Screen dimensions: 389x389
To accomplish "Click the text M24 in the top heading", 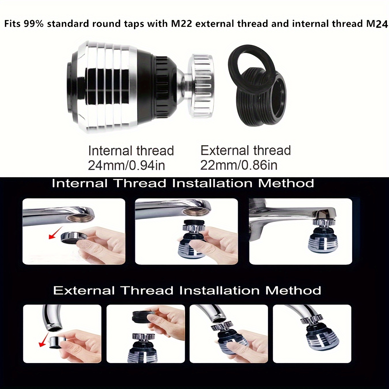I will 377,24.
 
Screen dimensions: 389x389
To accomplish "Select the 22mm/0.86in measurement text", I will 239,165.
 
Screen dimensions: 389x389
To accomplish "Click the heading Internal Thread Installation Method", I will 183,183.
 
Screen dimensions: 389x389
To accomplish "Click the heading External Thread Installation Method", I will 187,290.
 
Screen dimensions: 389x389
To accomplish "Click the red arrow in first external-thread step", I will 43,341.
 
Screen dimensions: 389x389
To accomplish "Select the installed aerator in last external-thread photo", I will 316,336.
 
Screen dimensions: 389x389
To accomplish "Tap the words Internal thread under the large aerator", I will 131,151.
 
